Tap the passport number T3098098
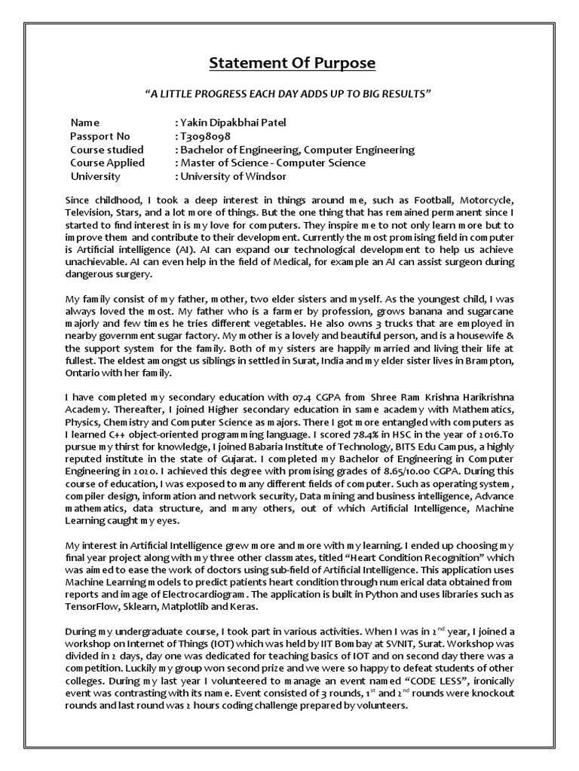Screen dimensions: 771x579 tap(204, 136)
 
